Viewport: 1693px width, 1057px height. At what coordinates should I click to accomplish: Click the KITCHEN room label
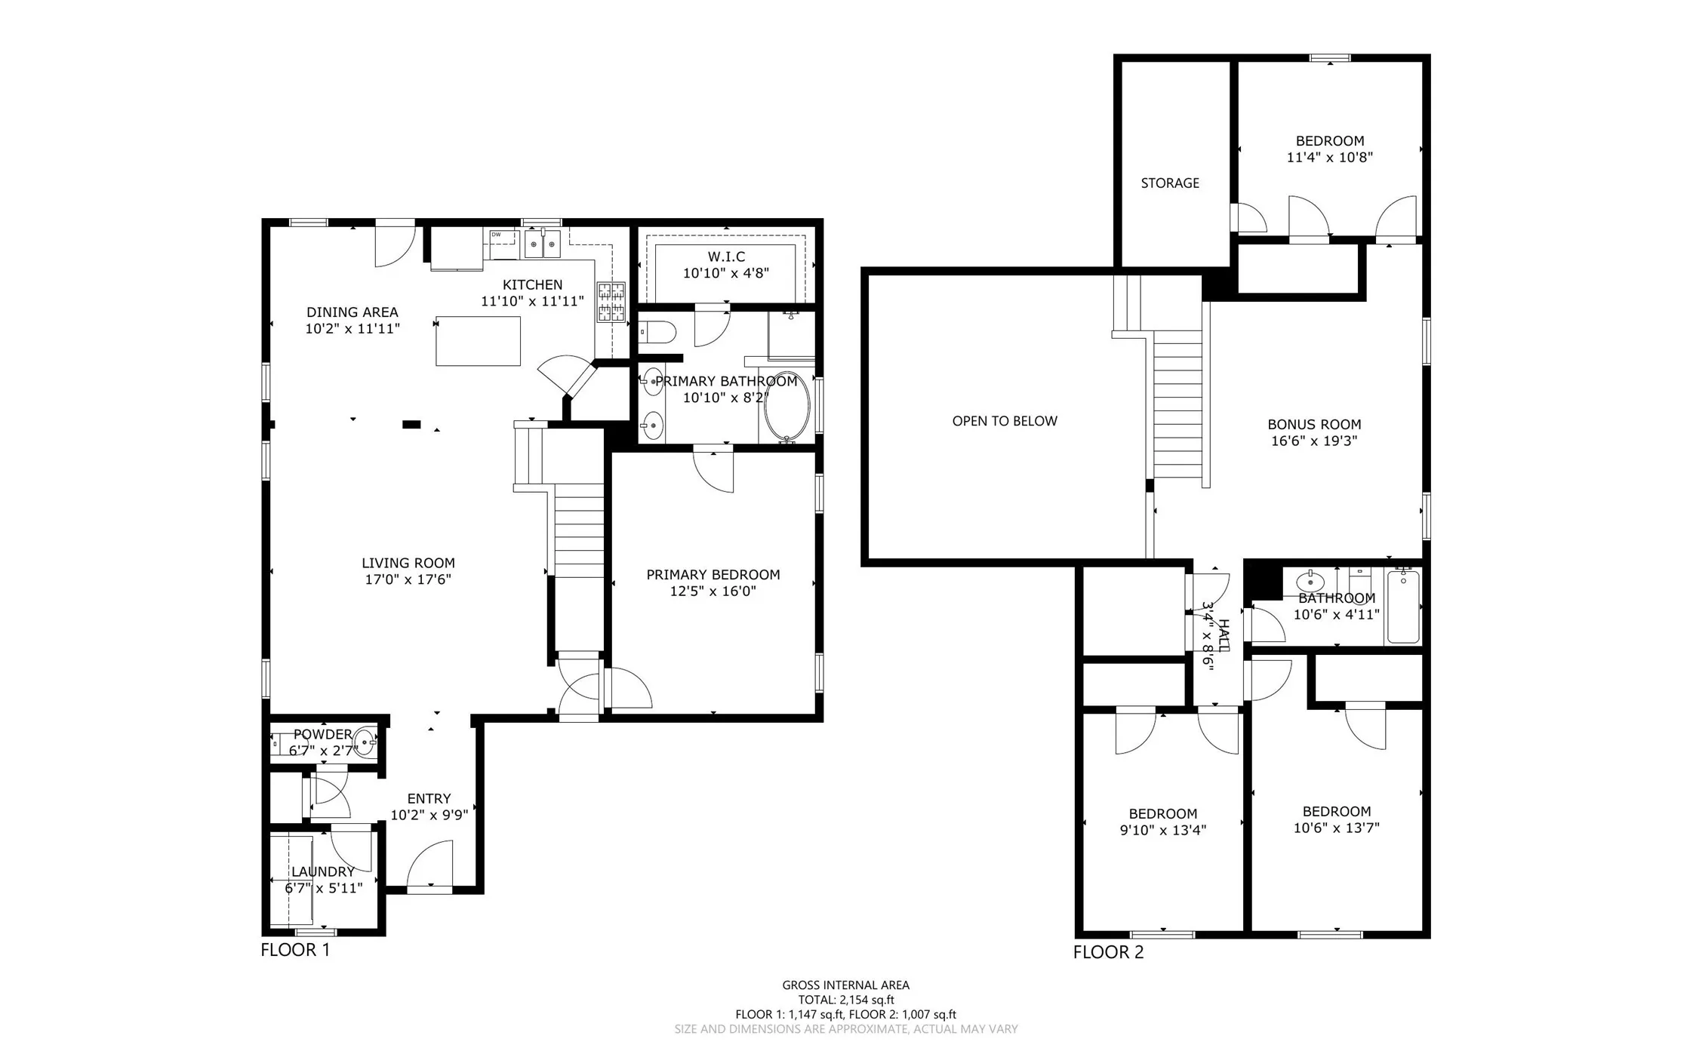pyautogui.click(x=532, y=284)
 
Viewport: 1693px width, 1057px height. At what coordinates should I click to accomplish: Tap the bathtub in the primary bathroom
pyautogui.click(x=786, y=406)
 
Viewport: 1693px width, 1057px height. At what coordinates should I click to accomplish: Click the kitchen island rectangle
pyautogui.click(x=478, y=341)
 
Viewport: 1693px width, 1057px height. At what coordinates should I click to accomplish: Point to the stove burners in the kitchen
pyautogui.click(x=611, y=302)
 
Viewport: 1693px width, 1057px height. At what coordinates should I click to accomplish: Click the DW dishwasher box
pyautogui.click(x=502, y=244)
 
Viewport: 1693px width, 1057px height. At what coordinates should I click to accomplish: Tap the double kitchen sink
pyautogui.click(x=543, y=244)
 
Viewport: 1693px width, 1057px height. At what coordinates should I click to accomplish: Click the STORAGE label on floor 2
pyautogui.click(x=1170, y=183)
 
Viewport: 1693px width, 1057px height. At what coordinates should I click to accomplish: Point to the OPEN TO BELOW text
pyautogui.click(x=1005, y=421)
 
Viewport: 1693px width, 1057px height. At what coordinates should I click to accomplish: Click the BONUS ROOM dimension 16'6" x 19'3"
pyautogui.click(x=1314, y=441)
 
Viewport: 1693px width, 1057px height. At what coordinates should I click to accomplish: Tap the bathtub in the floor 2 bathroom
pyautogui.click(x=1403, y=607)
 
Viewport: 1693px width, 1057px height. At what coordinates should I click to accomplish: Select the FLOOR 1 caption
pyautogui.click(x=295, y=950)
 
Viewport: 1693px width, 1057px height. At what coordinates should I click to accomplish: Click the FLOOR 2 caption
pyautogui.click(x=1108, y=952)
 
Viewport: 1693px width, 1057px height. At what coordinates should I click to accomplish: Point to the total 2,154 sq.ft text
pyautogui.click(x=846, y=1000)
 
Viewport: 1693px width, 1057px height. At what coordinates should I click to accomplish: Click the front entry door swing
pyautogui.click(x=431, y=863)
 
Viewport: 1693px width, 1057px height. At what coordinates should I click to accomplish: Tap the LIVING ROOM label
pyautogui.click(x=408, y=563)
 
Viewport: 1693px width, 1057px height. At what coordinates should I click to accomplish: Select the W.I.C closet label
pyautogui.click(x=726, y=257)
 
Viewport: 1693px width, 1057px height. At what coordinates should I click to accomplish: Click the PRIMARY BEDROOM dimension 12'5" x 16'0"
pyautogui.click(x=713, y=591)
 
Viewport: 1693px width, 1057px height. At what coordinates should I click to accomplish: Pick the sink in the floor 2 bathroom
pyautogui.click(x=1310, y=582)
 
